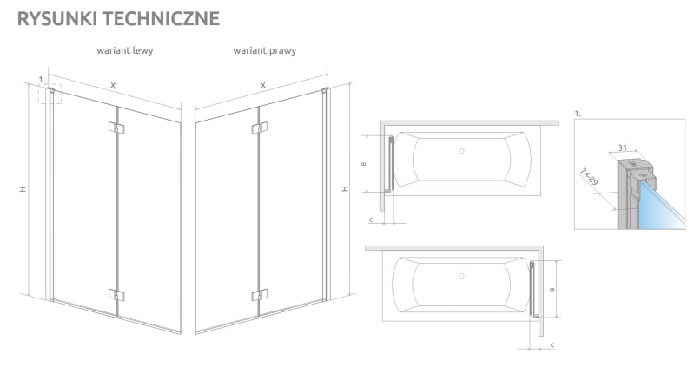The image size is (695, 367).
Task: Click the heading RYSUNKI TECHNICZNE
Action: point(118,18)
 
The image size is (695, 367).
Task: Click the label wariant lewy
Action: point(125,50)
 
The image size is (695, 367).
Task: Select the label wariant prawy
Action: point(265,50)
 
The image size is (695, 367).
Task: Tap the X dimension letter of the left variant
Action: point(113,85)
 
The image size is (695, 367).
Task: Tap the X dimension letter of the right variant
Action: point(263,85)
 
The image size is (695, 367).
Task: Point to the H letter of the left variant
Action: point(23,189)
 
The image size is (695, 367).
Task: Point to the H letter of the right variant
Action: point(345,188)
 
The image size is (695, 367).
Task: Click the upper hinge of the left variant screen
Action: point(116,128)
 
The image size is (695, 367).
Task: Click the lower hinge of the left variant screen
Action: point(116,295)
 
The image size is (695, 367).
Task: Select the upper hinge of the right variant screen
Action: point(259,128)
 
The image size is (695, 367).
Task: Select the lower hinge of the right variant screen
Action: point(259,295)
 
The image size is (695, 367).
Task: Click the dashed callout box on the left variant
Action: point(50,94)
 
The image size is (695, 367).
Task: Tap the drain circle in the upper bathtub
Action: point(461,151)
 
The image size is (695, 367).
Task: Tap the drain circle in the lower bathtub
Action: point(461,276)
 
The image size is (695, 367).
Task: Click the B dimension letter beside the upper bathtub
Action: point(364,164)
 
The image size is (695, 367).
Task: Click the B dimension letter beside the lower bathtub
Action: point(553,290)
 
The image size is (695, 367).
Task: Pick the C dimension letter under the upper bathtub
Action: point(371,220)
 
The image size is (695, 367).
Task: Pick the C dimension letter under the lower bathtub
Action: point(553,344)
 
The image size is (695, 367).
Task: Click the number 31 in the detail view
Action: point(623,147)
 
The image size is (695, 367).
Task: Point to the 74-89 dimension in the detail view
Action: point(589,177)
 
